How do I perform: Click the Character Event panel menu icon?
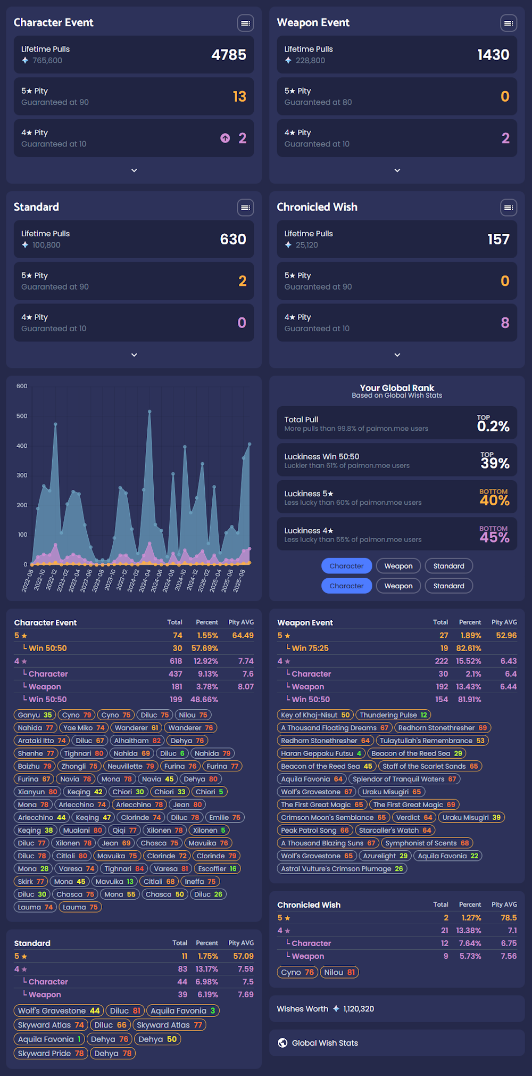(x=245, y=23)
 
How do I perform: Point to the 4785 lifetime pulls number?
(x=229, y=55)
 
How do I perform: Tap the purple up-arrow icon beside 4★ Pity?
(x=226, y=138)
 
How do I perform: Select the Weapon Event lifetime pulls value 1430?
(x=493, y=55)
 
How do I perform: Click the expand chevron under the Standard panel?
(x=134, y=355)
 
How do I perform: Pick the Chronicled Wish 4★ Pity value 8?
(x=505, y=323)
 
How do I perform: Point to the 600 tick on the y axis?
(x=22, y=386)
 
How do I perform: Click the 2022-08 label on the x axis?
(x=28, y=581)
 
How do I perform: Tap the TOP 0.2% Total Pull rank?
(x=493, y=424)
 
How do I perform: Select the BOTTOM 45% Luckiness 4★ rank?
(x=494, y=535)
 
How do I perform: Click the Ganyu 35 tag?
(x=35, y=715)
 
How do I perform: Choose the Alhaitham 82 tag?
(x=137, y=741)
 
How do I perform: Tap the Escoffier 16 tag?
(x=217, y=868)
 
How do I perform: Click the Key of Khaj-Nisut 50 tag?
(x=315, y=715)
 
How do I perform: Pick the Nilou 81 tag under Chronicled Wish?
(x=339, y=972)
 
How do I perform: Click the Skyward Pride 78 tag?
(x=51, y=1053)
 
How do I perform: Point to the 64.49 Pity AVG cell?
(x=243, y=635)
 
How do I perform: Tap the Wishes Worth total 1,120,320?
(x=358, y=1008)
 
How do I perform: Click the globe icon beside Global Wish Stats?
(x=282, y=1042)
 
